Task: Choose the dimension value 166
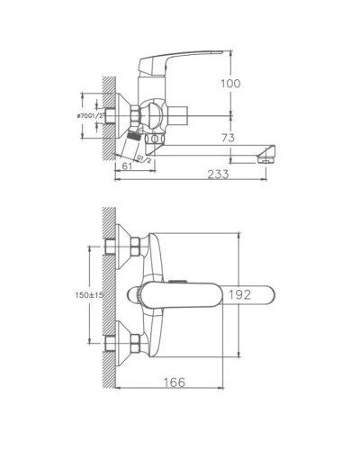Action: [175, 383]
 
